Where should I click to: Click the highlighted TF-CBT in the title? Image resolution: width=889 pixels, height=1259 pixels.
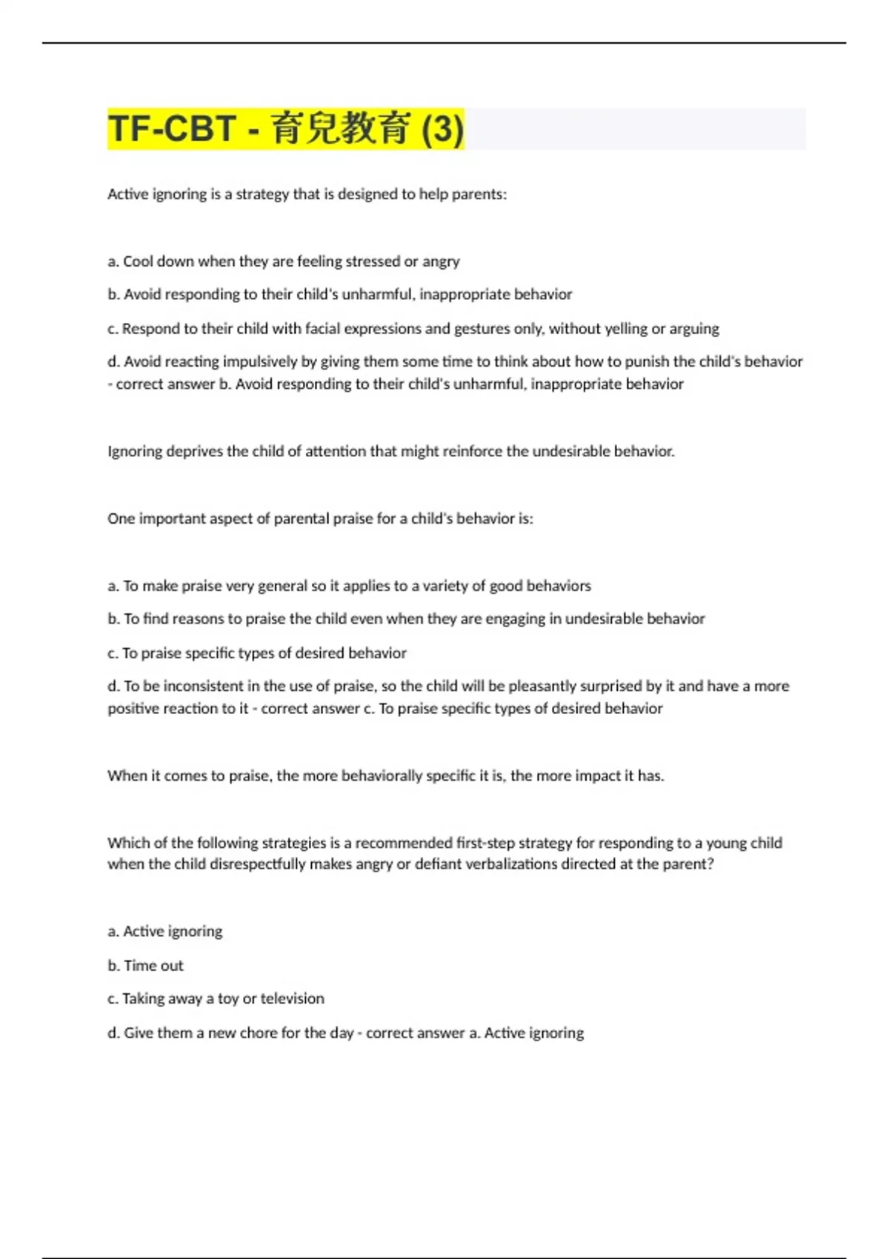pos(172,128)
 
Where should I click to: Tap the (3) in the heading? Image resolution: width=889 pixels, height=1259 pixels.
pos(442,128)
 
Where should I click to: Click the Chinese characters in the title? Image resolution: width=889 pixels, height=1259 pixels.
pos(341,128)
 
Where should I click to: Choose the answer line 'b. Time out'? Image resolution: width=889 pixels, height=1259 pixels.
pos(145,965)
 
